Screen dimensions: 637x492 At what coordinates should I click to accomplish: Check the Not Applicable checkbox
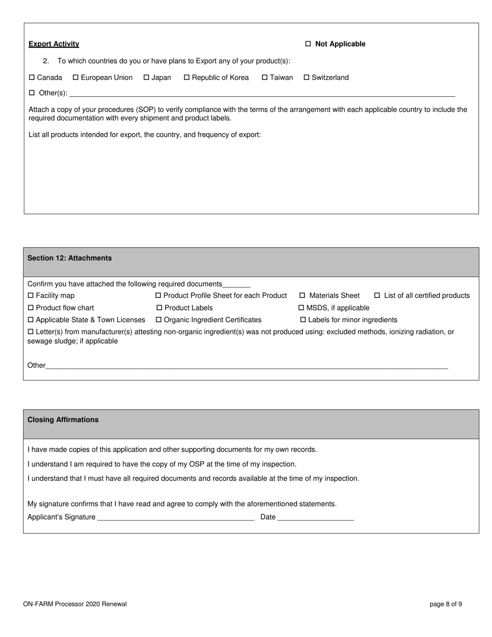[x=308, y=44]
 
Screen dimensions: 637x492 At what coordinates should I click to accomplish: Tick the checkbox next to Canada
[x=32, y=78]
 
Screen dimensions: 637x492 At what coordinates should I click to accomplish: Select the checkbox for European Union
[x=76, y=78]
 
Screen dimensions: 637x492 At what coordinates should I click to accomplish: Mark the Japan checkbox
[x=147, y=78]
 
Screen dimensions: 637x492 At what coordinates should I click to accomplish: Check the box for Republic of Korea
[x=187, y=78]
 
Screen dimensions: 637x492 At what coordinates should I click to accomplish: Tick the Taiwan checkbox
[x=265, y=78]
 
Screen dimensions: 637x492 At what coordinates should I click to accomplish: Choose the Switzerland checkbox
[x=307, y=78]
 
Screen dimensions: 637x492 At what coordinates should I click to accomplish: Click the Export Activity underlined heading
[x=54, y=44]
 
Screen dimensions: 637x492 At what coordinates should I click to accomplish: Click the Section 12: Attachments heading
[x=69, y=258]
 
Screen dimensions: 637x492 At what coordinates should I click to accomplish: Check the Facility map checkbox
[x=31, y=296]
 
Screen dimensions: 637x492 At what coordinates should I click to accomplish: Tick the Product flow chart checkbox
[x=31, y=308]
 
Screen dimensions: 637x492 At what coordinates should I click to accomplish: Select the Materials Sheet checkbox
[x=302, y=296]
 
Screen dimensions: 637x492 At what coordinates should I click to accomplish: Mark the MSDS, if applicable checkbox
[x=302, y=308]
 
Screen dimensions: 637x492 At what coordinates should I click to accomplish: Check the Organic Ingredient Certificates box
[x=159, y=320]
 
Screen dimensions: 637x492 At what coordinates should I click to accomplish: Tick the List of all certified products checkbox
[x=377, y=296]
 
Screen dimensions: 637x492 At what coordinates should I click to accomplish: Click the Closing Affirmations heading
[x=63, y=420]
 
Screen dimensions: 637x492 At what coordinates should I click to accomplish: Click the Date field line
[x=315, y=517]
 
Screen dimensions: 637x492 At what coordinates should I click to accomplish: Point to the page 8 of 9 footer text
[x=446, y=604]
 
